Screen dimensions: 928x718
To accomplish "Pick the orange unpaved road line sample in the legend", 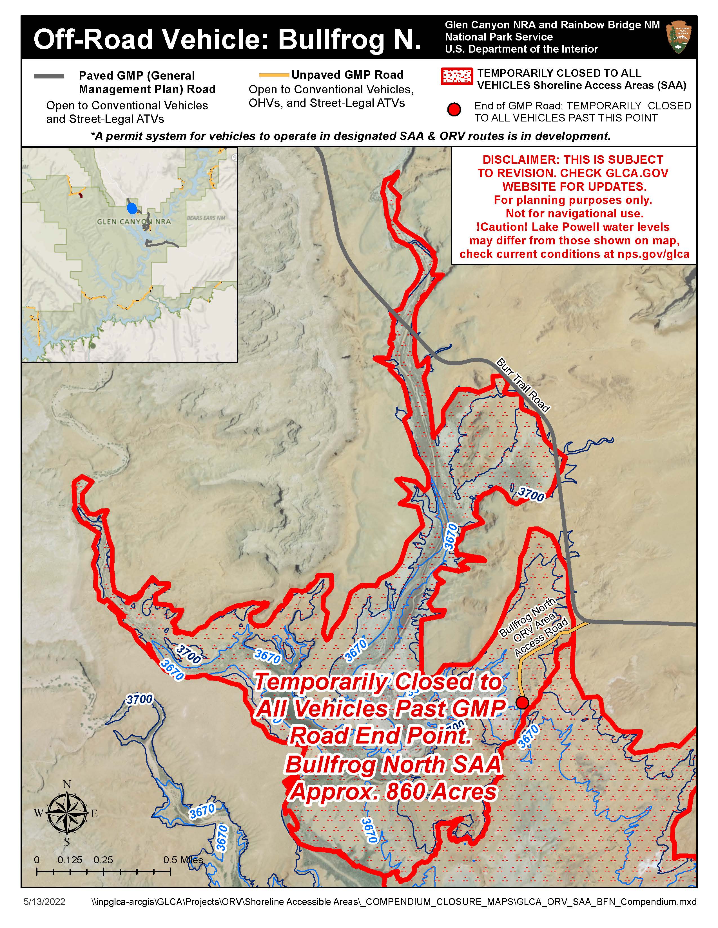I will (x=274, y=75).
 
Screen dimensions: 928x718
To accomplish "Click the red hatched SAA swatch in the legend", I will (x=457, y=76).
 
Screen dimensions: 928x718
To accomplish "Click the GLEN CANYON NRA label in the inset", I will (x=133, y=221).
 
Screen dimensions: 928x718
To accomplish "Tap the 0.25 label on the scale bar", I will (x=103, y=860).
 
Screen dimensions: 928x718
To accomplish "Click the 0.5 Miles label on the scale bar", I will (x=183, y=860).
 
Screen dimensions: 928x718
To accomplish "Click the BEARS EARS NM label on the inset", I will (x=206, y=218).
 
